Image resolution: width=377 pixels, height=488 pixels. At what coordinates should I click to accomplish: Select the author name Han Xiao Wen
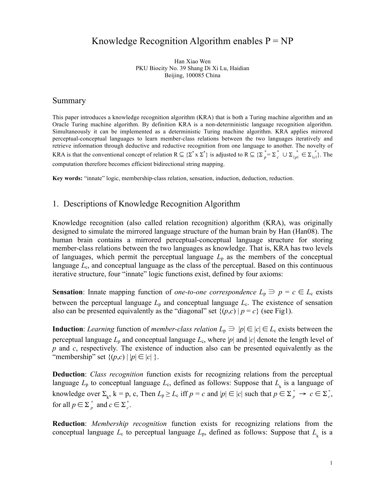[192, 62]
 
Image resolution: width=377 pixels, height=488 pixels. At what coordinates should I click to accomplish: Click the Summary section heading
[69, 101]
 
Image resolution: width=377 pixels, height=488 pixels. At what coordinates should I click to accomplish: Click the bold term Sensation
[68, 292]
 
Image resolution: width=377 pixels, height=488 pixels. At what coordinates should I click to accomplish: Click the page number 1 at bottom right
[331, 463]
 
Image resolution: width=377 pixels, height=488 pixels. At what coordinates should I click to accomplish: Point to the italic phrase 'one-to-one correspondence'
[215, 292]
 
